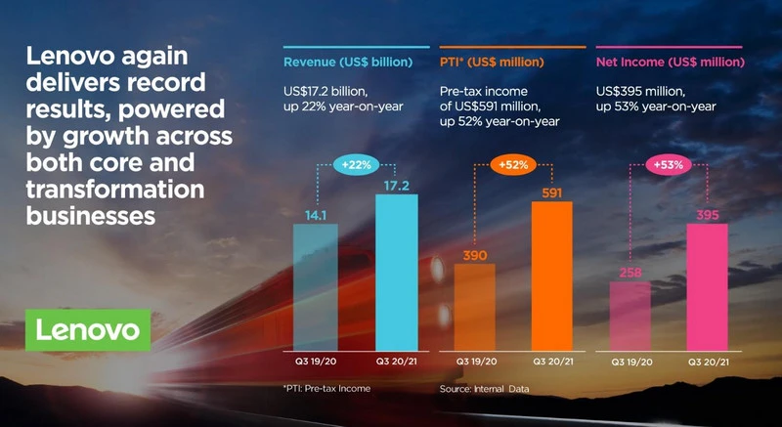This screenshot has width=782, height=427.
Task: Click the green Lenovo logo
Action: coord(89,329)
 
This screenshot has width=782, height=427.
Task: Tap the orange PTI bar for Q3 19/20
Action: coord(473,306)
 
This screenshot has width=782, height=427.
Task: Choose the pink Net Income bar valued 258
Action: coord(630,315)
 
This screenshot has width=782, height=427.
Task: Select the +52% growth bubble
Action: coord(513,164)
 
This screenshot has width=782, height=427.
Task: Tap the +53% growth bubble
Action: coord(668,164)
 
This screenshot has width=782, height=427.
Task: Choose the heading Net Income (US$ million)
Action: coord(669,64)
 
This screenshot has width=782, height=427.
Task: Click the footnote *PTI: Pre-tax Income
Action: coord(326,388)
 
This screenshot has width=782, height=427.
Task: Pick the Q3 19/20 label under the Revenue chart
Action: coord(315,362)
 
